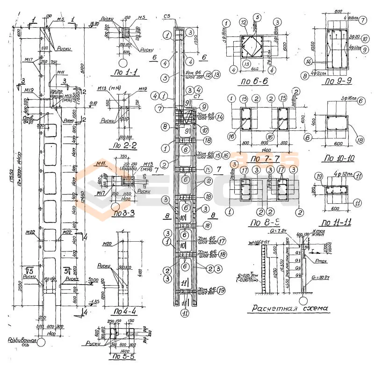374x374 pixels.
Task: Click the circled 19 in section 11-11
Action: pyautogui.click(x=319, y=176)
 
